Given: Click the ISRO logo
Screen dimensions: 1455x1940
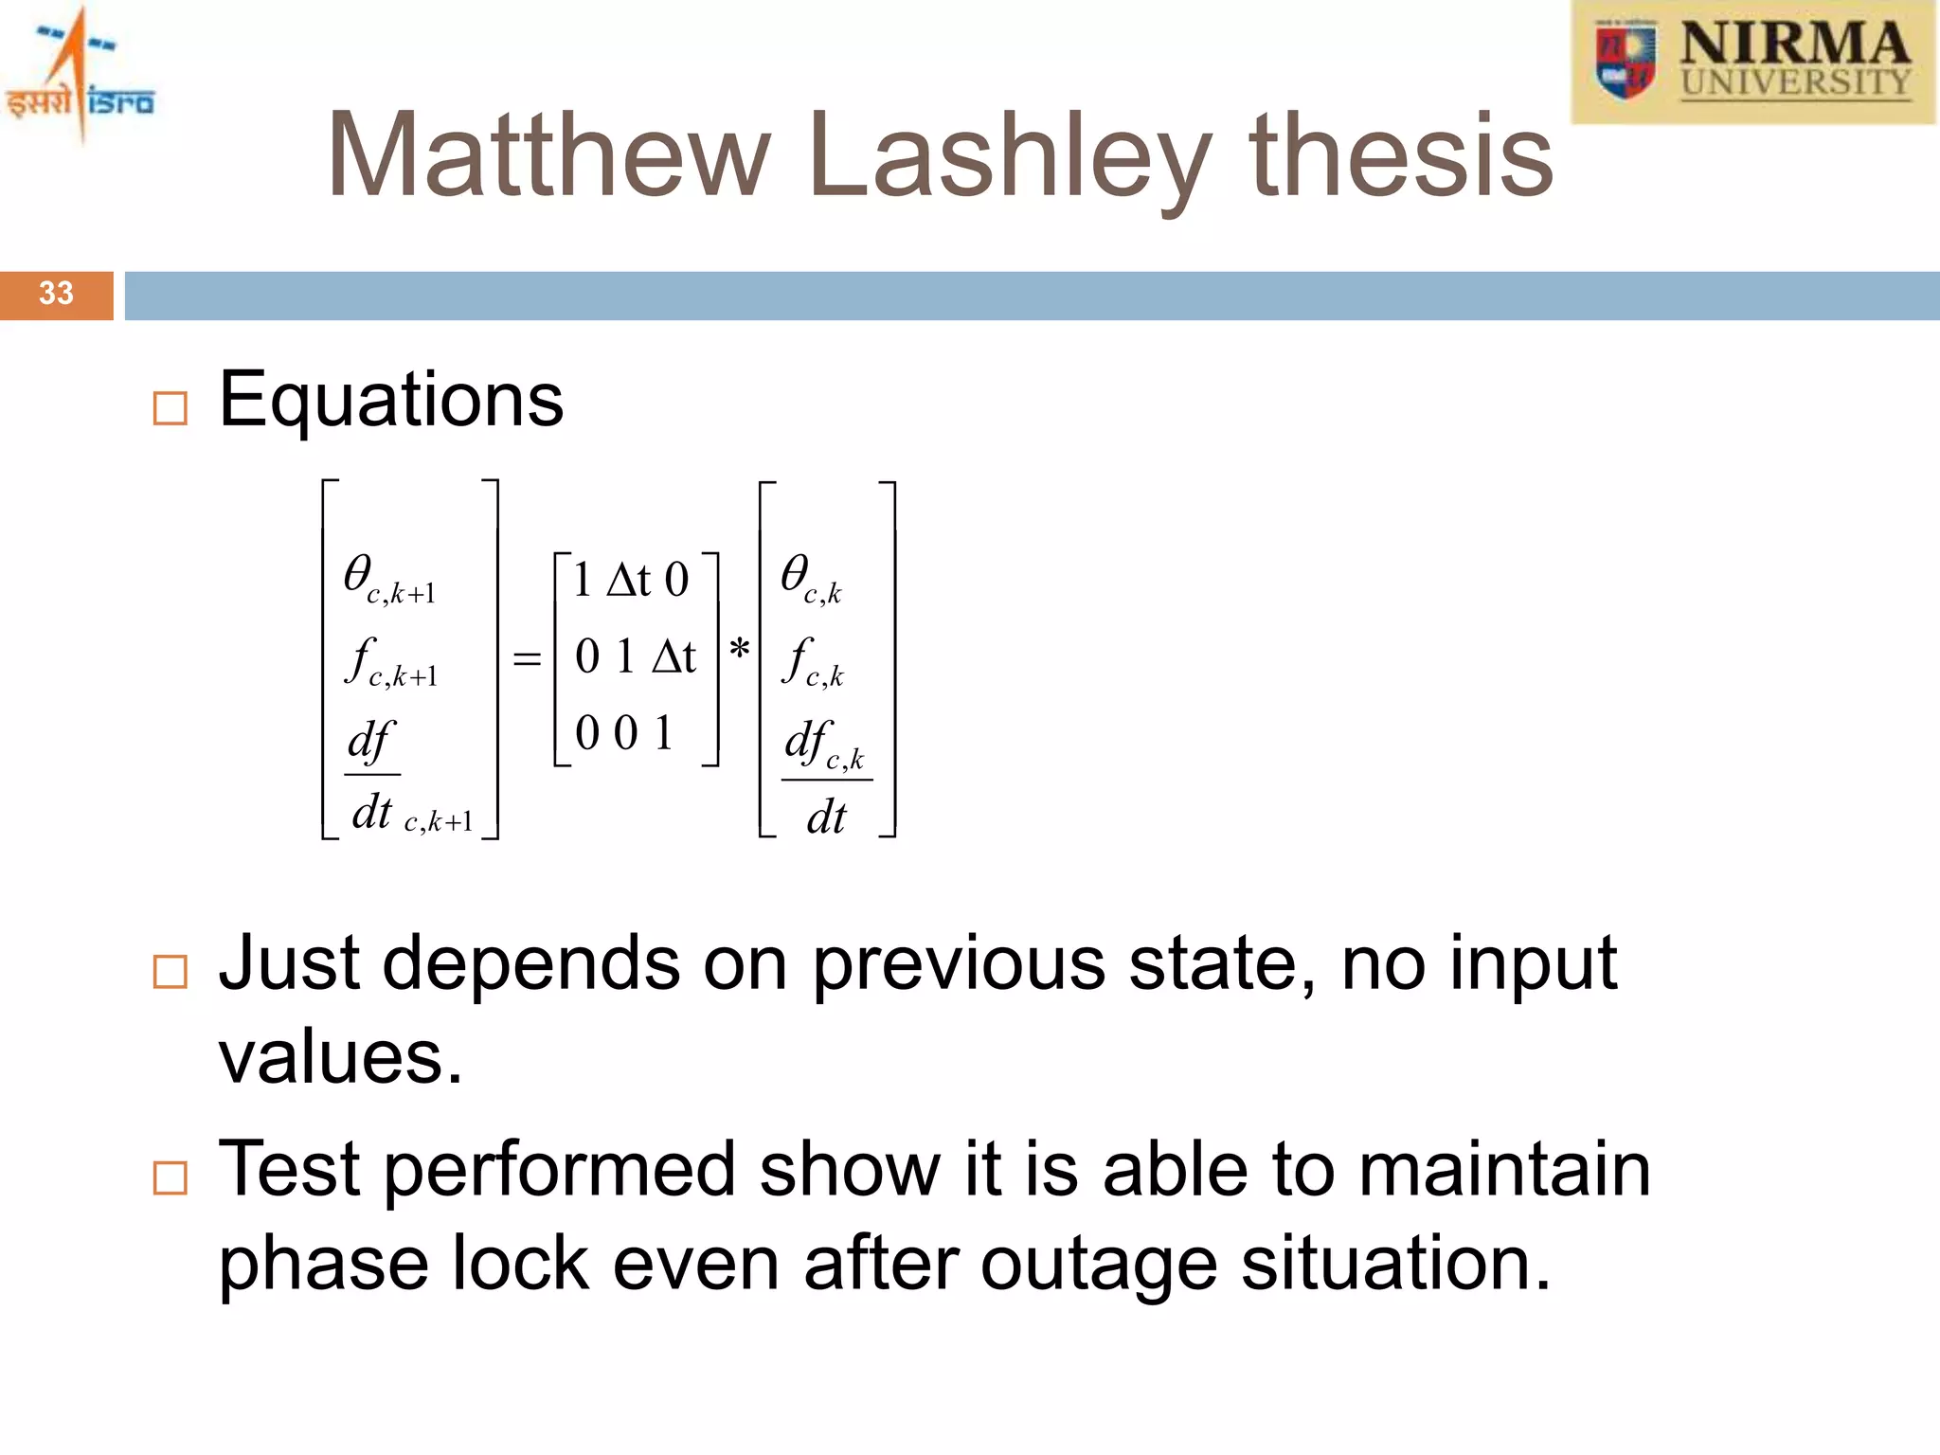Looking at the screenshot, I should point(80,76).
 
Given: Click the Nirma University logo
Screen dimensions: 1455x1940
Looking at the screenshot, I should point(1753,63).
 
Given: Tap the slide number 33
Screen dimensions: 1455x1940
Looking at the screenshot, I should point(56,294).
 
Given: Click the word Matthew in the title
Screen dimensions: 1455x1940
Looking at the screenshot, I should point(548,155).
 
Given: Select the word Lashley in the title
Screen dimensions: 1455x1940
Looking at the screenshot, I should point(1010,157).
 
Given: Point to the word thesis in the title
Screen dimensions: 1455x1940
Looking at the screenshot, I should point(1402,155).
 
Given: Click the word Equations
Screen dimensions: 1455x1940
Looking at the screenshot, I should point(391,400).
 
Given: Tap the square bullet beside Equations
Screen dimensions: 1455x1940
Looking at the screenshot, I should point(171,408).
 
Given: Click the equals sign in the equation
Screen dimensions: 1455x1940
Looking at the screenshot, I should point(527,657).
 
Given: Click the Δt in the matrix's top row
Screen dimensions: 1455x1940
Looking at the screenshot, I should point(629,580).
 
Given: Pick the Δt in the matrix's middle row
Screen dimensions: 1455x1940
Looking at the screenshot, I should point(674,656).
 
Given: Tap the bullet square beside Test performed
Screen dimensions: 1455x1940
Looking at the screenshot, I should point(171,1178).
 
